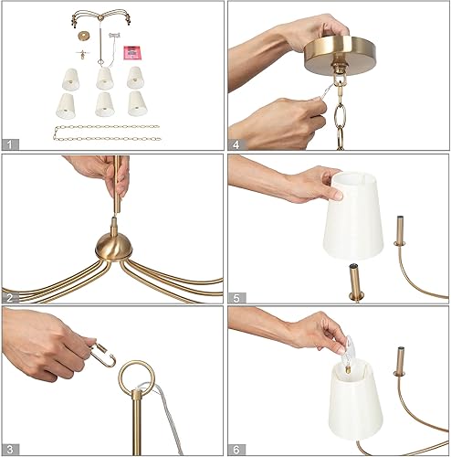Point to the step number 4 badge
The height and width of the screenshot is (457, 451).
[x=236, y=143]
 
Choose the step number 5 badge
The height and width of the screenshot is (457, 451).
[x=236, y=295]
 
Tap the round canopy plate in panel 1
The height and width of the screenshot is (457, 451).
[x=85, y=36]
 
